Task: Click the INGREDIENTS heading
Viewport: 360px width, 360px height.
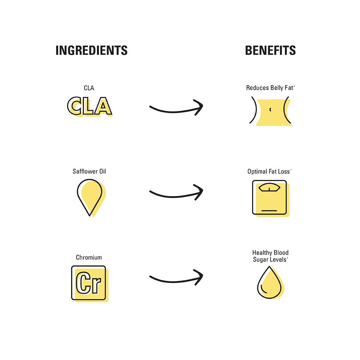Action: (x=91, y=50)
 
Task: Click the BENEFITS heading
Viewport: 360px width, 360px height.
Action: (x=270, y=50)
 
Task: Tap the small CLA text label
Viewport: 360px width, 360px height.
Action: (x=89, y=88)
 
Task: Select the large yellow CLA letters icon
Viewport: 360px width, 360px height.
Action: (x=90, y=106)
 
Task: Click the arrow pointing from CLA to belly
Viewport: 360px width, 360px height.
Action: (x=176, y=111)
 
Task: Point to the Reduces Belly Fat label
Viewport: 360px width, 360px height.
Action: (x=270, y=88)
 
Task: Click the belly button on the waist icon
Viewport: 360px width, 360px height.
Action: (x=270, y=109)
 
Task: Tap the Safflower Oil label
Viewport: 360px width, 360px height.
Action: (x=89, y=171)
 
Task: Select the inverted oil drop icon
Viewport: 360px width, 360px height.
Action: (x=91, y=198)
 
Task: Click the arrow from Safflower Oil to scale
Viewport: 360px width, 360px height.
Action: (x=176, y=196)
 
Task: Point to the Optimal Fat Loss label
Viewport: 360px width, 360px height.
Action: (x=269, y=171)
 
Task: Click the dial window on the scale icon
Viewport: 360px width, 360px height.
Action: (x=269, y=187)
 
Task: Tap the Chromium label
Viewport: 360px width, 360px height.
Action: (x=89, y=257)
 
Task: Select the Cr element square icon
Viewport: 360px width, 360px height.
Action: (x=90, y=284)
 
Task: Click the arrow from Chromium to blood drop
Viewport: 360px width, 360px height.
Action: (x=176, y=281)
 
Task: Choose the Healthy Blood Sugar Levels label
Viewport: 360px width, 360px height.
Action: (x=270, y=256)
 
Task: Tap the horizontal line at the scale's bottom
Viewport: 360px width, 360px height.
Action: (x=269, y=210)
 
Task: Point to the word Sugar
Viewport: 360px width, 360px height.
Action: (x=260, y=260)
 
